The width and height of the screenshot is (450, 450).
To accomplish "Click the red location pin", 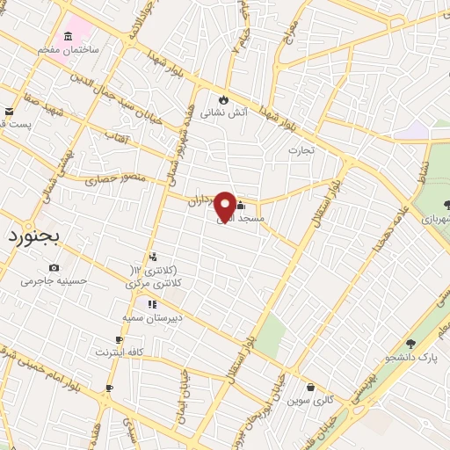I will coord(225,207).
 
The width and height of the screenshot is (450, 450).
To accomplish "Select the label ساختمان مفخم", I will coord(68,50).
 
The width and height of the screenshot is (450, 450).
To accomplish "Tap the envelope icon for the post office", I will coord(9,112).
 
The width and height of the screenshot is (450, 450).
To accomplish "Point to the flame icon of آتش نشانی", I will coord(223,98).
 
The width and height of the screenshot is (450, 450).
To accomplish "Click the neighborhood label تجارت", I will coord(301,150).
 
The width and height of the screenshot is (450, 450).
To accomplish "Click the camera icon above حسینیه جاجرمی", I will coord(54,267).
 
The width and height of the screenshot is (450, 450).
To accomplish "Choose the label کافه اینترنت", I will coord(120,352).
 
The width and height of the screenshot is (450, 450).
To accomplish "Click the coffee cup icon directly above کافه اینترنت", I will coord(120,339).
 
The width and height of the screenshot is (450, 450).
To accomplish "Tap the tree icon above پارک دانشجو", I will coord(410,344).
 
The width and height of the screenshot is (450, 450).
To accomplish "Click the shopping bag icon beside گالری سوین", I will coord(310,387).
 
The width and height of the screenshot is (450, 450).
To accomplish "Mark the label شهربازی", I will coord(433,220).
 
